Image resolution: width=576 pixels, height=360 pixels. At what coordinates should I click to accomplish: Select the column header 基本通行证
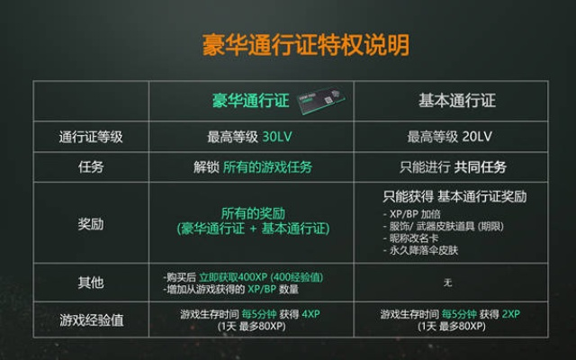(457, 100)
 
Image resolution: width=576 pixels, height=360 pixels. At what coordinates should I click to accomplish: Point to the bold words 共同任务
(481, 166)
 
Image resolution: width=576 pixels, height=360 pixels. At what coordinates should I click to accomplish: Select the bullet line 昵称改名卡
(410, 238)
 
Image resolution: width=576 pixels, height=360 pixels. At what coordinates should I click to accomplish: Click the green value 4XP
(310, 314)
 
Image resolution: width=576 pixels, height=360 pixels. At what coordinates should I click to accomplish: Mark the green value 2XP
(510, 314)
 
